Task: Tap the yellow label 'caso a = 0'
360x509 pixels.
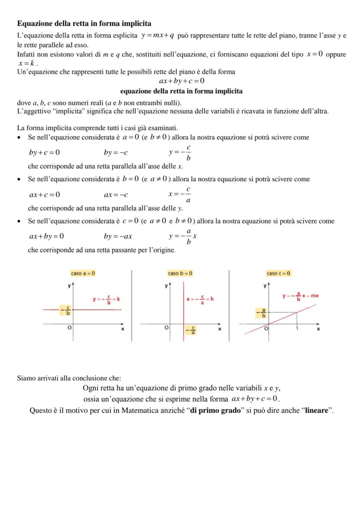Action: (x=83, y=273)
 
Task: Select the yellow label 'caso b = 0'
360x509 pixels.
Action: (x=180, y=273)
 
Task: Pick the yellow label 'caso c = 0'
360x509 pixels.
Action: (x=279, y=273)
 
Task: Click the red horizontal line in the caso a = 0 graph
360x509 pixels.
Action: (x=100, y=309)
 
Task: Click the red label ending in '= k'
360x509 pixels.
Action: (x=106, y=299)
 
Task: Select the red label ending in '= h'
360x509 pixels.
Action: (x=200, y=299)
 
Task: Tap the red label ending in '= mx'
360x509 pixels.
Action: (x=300, y=296)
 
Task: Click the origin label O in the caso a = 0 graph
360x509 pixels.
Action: (x=69, y=327)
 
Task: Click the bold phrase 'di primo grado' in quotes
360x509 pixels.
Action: (x=215, y=410)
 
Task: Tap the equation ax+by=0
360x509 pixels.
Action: (x=47, y=236)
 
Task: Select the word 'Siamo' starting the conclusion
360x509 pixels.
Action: (x=26, y=378)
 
